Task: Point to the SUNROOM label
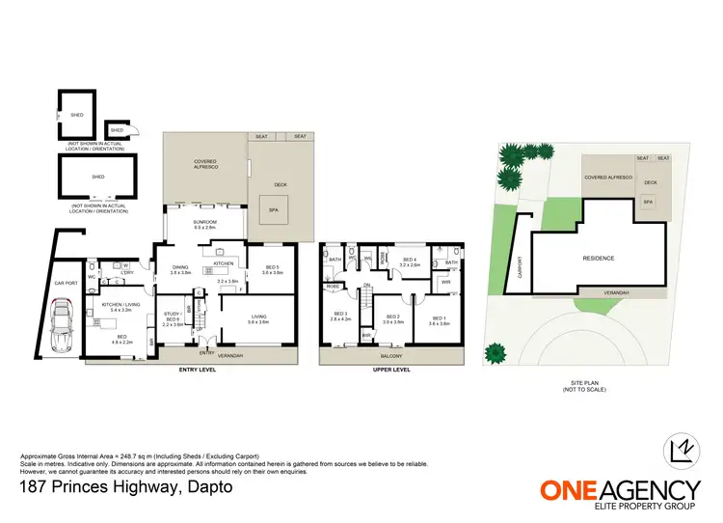coord(204,223)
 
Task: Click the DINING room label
coord(180,269)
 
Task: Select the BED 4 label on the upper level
coord(410,260)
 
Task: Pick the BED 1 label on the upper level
coord(440,317)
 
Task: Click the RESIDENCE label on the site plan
coord(598,258)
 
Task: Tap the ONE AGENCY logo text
coord(619,490)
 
